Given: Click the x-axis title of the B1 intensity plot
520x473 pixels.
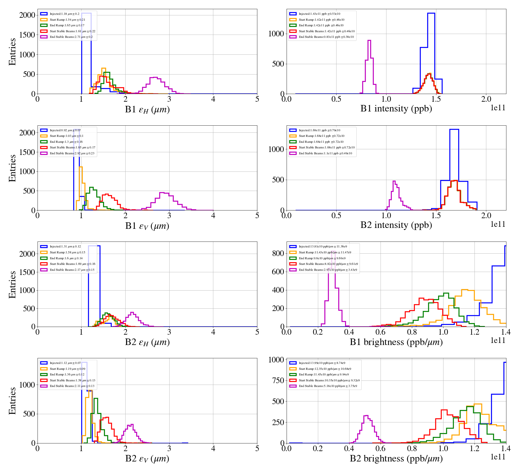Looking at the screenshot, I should (x=396, y=109).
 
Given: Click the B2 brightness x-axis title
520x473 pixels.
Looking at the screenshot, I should (x=396, y=459).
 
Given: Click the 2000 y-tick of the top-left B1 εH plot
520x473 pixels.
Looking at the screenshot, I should (x=27, y=15).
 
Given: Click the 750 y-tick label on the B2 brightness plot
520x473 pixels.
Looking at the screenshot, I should (x=278, y=380).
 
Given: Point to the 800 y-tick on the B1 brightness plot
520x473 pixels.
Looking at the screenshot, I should (x=278, y=253).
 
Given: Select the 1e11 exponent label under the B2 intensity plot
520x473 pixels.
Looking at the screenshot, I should (x=498, y=224).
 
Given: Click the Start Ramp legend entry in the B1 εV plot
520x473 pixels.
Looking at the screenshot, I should (x=66, y=136).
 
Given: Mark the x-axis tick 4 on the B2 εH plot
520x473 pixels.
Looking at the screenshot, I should (x=213, y=332).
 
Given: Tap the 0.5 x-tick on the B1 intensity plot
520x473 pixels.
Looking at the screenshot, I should (x=336, y=99).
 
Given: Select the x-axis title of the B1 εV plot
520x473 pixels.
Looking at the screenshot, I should (x=147, y=226).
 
